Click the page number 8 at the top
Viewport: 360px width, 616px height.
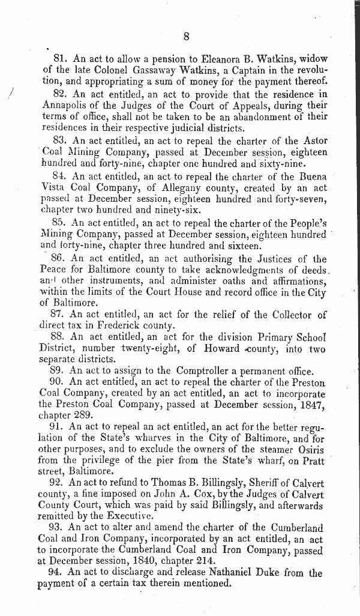[187, 37]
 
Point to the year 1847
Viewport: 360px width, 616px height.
[311, 406]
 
